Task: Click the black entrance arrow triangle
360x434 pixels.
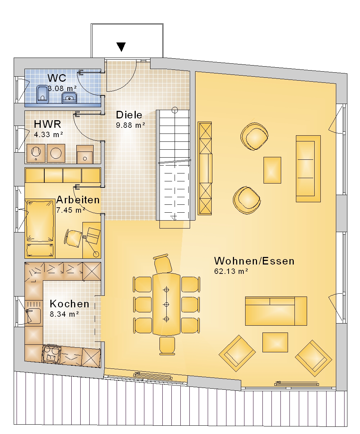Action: point(121,47)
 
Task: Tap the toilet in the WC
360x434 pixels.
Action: point(42,94)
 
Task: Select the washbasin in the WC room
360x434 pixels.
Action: point(69,97)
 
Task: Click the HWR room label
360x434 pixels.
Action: point(48,124)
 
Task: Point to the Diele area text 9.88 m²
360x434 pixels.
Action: point(130,125)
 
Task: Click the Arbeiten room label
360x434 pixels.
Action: point(78,200)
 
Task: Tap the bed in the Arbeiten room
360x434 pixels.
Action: point(40,229)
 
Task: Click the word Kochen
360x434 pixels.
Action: point(69,304)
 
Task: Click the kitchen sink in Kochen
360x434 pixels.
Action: point(33,316)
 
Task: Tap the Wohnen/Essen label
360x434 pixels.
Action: point(254,261)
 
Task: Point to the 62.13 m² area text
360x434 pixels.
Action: point(231,271)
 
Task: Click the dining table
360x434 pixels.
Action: point(166,304)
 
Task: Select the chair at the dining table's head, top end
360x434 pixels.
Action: point(163,263)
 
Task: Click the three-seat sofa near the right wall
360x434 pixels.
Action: point(308,168)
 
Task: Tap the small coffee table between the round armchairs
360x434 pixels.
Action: point(272,170)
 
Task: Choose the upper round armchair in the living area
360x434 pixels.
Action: point(255,136)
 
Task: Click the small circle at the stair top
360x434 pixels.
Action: point(175,110)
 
